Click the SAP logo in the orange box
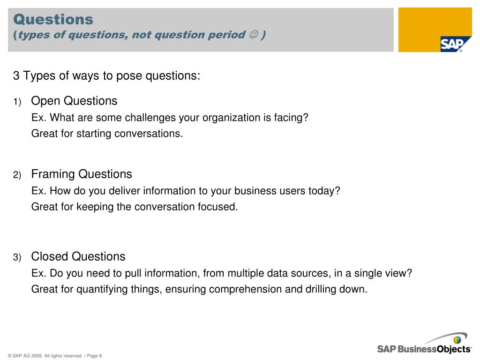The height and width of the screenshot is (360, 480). tap(451, 45)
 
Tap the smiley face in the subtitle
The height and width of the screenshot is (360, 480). tap(254, 35)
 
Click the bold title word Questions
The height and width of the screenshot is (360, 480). tap(53, 19)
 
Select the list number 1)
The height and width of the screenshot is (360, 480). tap(17, 102)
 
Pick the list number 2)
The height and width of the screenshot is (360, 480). tap(17, 175)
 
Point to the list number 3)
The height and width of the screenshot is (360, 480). tap(17, 257)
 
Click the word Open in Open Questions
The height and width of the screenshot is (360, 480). tap(45, 101)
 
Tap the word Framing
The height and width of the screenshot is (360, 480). tap(53, 174)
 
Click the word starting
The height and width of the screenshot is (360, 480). tap(94, 134)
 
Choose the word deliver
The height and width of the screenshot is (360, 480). tap(124, 191)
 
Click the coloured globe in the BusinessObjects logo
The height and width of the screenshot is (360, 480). tap(457, 340)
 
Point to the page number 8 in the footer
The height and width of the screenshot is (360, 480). tap(100, 356)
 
